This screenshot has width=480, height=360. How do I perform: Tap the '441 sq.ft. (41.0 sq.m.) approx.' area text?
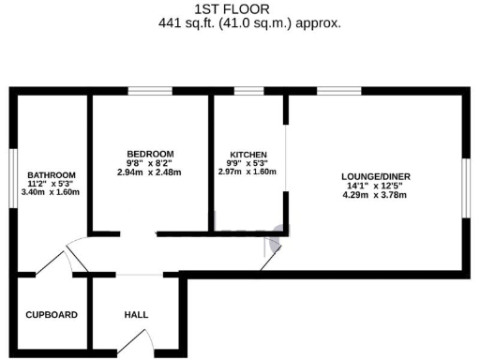pyautogui.click(x=248, y=23)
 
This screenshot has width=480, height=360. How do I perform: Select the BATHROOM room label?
pyautogui.click(x=46, y=174)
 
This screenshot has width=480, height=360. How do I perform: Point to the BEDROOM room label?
pyautogui.click(x=150, y=154)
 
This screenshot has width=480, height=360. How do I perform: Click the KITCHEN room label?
pyautogui.click(x=249, y=154)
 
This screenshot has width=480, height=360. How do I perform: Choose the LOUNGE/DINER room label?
pyautogui.click(x=375, y=176)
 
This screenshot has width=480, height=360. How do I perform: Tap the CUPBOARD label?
pyautogui.click(x=52, y=315)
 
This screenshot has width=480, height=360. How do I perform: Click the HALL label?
pyautogui.click(x=136, y=315)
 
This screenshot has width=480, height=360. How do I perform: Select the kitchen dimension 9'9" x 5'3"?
pyautogui.click(x=249, y=163)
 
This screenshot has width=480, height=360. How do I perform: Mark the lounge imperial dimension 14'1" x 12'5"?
pyautogui.click(x=375, y=186)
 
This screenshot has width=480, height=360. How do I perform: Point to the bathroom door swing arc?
pyautogui.click(x=70, y=257)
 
